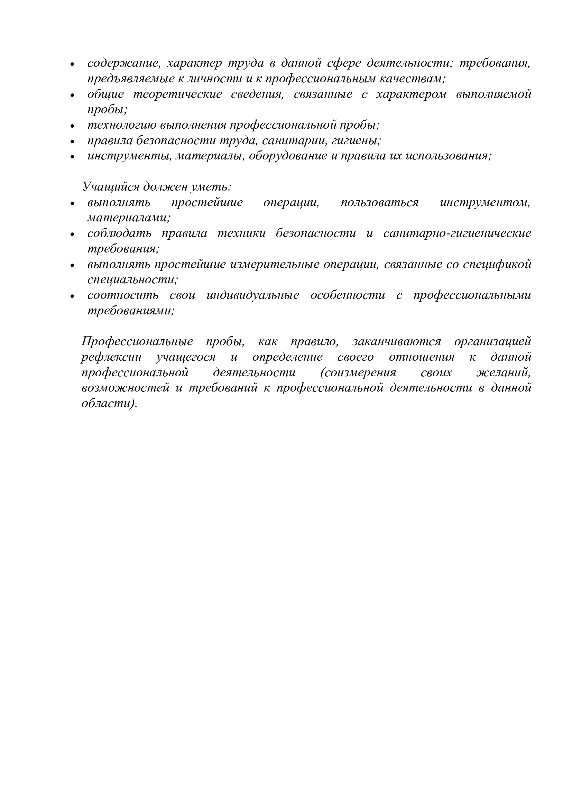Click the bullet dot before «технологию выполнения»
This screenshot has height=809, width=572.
[x=73, y=126]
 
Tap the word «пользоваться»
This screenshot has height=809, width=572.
[x=379, y=203]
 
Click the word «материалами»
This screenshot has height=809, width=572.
[x=129, y=218]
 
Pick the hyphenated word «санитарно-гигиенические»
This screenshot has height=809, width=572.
[x=457, y=233]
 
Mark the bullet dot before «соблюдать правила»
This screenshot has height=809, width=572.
[x=73, y=234]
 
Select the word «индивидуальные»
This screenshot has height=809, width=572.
[x=252, y=295]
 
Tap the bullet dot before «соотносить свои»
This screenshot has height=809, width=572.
[x=73, y=296]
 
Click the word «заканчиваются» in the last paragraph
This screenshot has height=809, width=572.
[x=396, y=342]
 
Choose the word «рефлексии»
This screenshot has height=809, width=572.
[x=111, y=357]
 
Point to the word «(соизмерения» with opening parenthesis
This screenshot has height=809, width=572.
[x=358, y=373]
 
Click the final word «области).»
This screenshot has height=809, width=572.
[x=109, y=403]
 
